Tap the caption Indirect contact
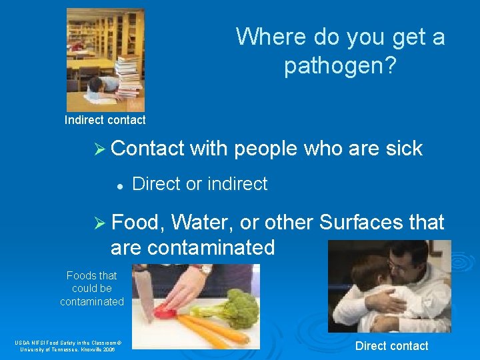coord(105,120)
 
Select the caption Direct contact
coord(391,345)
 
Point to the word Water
coord(203,222)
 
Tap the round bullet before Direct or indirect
coord(117,185)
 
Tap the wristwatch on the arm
coord(203,269)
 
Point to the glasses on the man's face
coord(400,267)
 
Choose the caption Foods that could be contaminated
coord(92,289)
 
